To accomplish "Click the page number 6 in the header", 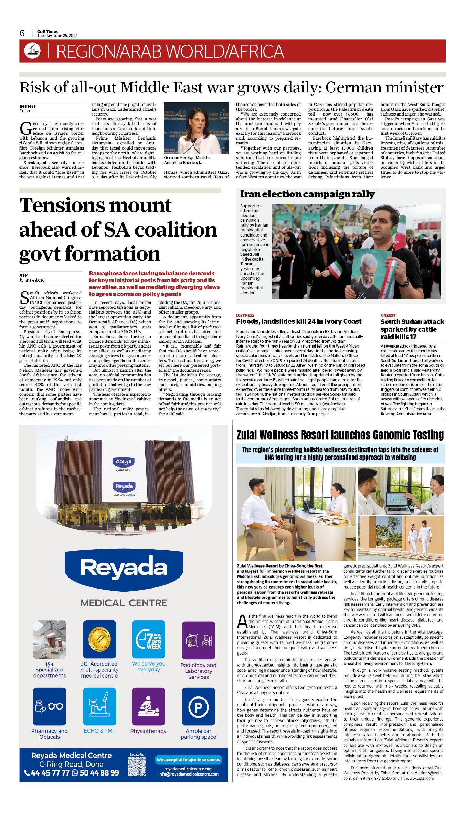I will (x=22, y=33).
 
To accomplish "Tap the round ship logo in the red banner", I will (x=32, y=51).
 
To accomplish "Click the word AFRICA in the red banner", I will (x=256, y=52).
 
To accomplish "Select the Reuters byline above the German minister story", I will (x=28, y=106).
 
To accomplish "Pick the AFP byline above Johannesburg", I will (x=23, y=275).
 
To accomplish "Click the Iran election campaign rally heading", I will (x=307, y=194).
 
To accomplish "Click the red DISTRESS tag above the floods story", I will (x=245, y=315).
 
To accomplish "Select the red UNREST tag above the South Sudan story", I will (x=388, y=315).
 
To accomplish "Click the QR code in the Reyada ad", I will (x=137, y=766).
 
